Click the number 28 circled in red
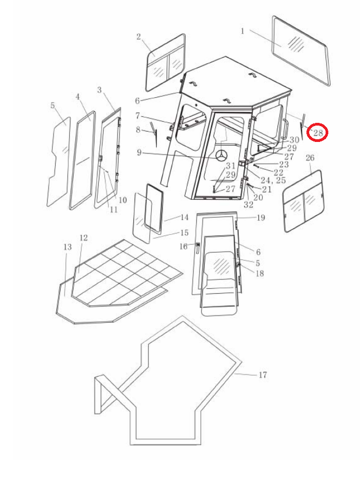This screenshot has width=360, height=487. [x=318, y=133]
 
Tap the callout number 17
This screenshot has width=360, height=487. [x=263, y=375]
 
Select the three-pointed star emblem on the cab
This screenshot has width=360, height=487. [x=221, y=156]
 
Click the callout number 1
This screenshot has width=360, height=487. [x=243, y=31]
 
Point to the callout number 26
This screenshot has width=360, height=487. [x=310, y=158]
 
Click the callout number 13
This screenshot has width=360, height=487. [x=67, y=247]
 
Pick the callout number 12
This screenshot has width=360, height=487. [x=84, y=238]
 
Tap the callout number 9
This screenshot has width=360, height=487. [x=139, y=152]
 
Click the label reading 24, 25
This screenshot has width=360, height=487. [x=273, y=181]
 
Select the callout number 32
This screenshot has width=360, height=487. [x=249, y=205]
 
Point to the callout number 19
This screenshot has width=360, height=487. [x=261, y=218]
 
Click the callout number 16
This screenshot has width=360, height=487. [x=184, y=247]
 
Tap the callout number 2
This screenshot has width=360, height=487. [x=139, y=37]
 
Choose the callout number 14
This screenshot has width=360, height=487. [x=184, y=217]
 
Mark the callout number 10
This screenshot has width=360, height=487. [x=122, y=200]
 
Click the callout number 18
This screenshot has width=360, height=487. [x=259, y=274]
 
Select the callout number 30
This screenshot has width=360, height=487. [x=294, y=140]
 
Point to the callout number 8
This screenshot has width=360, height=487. [x=138, y=130]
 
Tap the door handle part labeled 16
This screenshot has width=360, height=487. [x=197, y=247]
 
